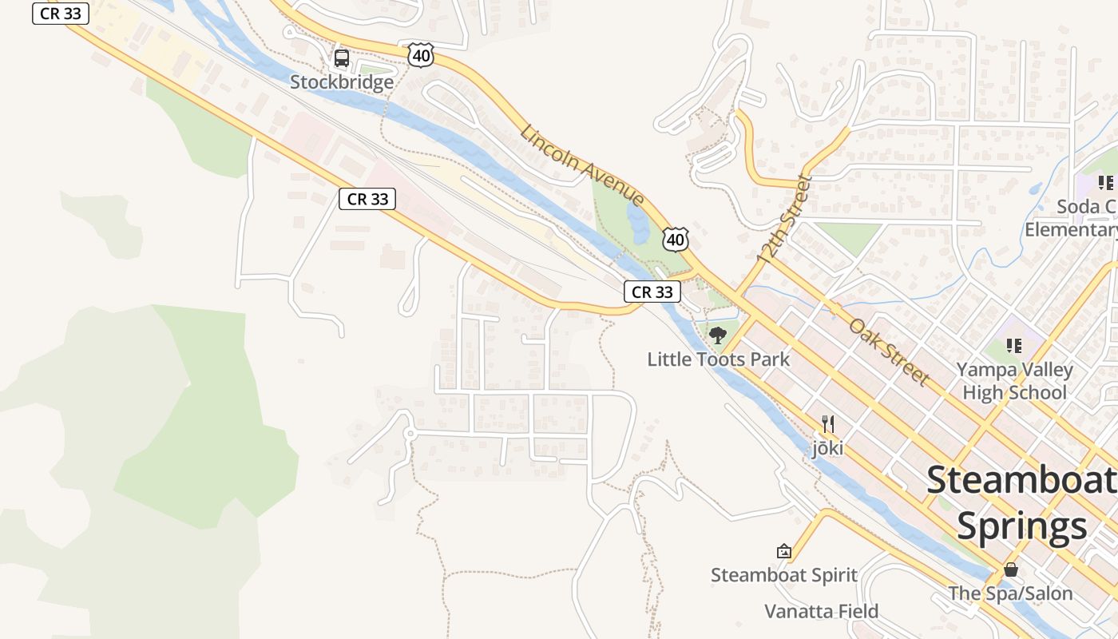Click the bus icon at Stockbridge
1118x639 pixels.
tap(342, 58)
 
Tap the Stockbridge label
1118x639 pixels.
tap(342, 82)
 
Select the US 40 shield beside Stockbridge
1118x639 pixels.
tap(420, 55)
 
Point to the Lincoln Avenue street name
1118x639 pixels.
tap(581, 165)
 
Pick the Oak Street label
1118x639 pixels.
tap(890, 351)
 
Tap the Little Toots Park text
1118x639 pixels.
tap(718, 359)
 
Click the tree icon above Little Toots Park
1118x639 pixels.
tap(718, 335)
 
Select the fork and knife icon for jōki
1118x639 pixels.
tap(828, 424)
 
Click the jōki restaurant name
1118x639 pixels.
tap(828, 448)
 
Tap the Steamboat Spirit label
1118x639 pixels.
tap(784, 575)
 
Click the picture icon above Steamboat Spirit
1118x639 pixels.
tap(784, 551)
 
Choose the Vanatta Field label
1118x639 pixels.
tap(822, 612)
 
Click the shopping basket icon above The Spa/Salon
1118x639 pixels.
tap(1011, 570)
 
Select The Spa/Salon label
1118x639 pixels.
tap(1011, 594)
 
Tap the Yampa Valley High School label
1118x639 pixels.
tap(1014, 381)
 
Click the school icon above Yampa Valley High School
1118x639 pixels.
tap(1014, 346)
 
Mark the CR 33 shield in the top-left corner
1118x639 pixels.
tap(61, 14)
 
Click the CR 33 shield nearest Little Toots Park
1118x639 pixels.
tap(652, 292)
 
